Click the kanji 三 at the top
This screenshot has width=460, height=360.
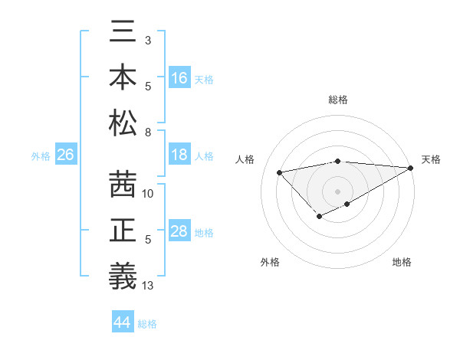click(123, 34)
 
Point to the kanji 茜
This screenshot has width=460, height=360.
click(123, 185)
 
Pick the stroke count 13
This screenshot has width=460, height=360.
click(149, 286)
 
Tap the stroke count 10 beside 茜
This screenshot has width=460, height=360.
click(149, 194)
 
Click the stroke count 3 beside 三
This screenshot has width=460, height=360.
click(148, 39)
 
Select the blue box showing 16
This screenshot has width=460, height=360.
click(179, 77)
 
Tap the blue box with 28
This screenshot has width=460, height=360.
click(179, 231)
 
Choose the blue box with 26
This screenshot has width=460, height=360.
click(65, 155)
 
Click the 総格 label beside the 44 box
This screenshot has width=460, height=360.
click(148, 324)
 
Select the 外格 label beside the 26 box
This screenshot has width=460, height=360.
click(41, 156)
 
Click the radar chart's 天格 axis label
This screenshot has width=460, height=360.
click(431, 159)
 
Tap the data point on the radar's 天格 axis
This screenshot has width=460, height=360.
click(411, 168)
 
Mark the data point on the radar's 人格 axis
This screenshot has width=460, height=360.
click(279, 172)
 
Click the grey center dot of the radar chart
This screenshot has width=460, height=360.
click(337, 191)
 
